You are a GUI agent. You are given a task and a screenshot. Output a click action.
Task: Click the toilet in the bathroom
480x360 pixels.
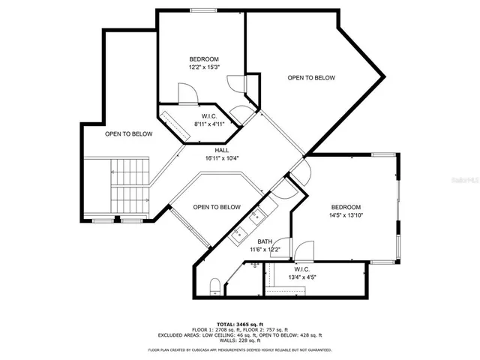(x=214, y=283)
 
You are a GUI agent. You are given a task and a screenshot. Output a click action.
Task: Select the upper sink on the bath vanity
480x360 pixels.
(x=258, y=215)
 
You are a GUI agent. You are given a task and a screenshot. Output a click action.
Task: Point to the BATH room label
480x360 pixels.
(x=265, y=241)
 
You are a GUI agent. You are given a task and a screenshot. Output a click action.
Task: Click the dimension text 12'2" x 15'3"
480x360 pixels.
(x=203, y=67)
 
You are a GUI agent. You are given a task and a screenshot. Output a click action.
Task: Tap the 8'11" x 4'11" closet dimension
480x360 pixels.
(x=209, y=124)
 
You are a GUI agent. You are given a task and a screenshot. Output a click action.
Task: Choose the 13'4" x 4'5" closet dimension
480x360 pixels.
(x=302, y=277)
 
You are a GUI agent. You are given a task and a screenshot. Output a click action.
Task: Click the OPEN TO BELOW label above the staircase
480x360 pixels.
(x=128, y=134)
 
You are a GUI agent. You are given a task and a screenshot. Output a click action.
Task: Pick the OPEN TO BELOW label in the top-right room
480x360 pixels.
(x=311, y=78)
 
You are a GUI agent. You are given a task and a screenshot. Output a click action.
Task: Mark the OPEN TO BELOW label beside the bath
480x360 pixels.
(x=217, y=207)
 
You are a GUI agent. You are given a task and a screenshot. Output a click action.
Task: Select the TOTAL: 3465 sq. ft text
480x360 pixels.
(x=240, y=323)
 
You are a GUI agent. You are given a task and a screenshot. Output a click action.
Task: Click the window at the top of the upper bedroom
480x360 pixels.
(x=202, y=10)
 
